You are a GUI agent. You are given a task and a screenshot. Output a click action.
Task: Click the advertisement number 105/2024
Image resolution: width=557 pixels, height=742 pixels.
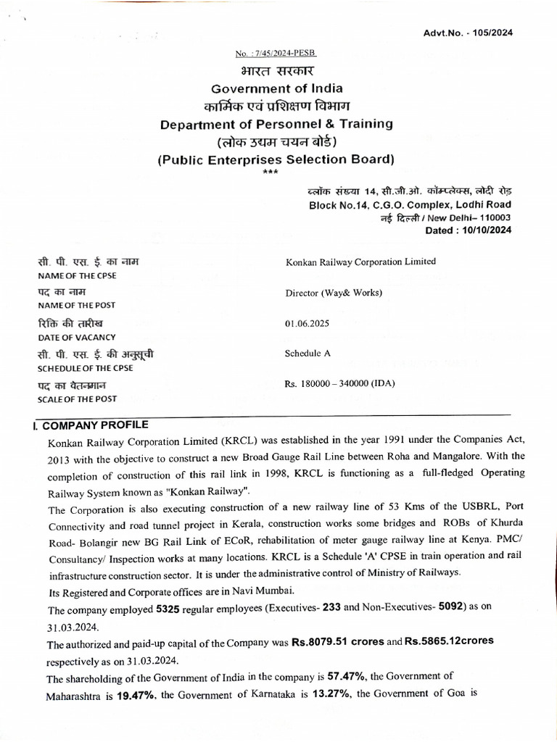point(497,33)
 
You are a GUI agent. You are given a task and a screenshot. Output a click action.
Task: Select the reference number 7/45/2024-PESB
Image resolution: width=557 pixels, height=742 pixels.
point(276,54)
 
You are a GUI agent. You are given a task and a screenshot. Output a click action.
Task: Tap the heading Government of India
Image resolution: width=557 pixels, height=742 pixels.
point(276,88)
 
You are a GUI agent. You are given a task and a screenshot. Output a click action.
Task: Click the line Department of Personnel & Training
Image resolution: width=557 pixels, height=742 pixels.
point(276,124)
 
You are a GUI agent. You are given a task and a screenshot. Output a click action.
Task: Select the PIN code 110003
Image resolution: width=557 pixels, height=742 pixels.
point(492,217)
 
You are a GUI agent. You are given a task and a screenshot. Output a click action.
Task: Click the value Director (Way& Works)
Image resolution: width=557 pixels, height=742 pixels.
point(334,293)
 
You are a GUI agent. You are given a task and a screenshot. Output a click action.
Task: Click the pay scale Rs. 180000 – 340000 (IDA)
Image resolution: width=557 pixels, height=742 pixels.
point(341,383)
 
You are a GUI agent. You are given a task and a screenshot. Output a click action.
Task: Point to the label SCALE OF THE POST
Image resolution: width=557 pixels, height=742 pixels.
point(77,399)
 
